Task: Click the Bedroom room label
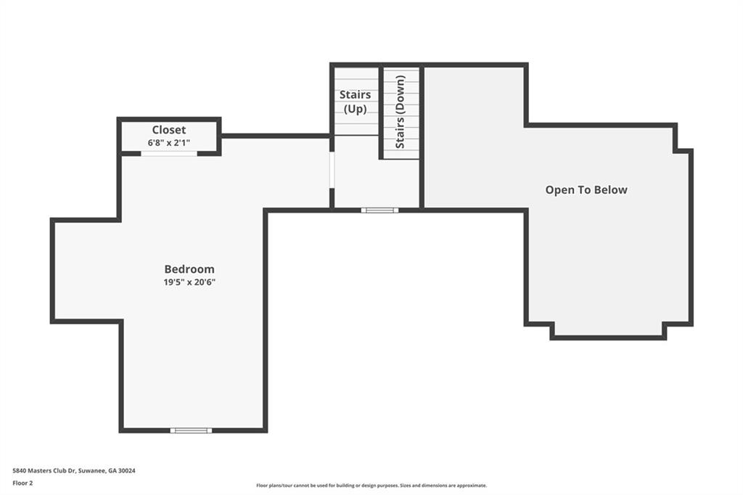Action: (x=189, y=269)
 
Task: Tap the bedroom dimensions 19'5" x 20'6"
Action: (x=189, y=282)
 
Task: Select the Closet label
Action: (x=168, y=130)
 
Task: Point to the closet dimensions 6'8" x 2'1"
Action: (x=168, y=142)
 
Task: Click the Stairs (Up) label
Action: (x=355, y=102)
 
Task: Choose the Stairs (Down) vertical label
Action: (x=401, y=112)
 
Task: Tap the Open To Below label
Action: (x=586, y=189)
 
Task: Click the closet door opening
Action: (x=169, y=153)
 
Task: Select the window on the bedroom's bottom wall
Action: (x=191, y=430)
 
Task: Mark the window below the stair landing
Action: (x=379, y=210)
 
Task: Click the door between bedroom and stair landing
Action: (x=332, y=170)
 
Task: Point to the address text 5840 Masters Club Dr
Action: (x=44, y=471)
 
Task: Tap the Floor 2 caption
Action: (x=22, y=483)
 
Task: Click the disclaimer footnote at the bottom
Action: (x=371, y=486)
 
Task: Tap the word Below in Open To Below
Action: (x=611, y=189)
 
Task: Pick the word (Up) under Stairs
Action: (x=355, y=109)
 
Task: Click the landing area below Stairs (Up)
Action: (x=356, y=171)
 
